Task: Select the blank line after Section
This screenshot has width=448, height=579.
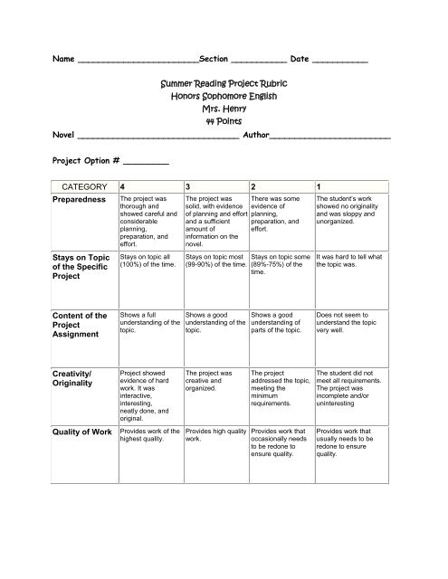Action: [x=259, y=60]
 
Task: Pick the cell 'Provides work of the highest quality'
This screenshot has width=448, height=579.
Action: [x=149, y=437]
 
